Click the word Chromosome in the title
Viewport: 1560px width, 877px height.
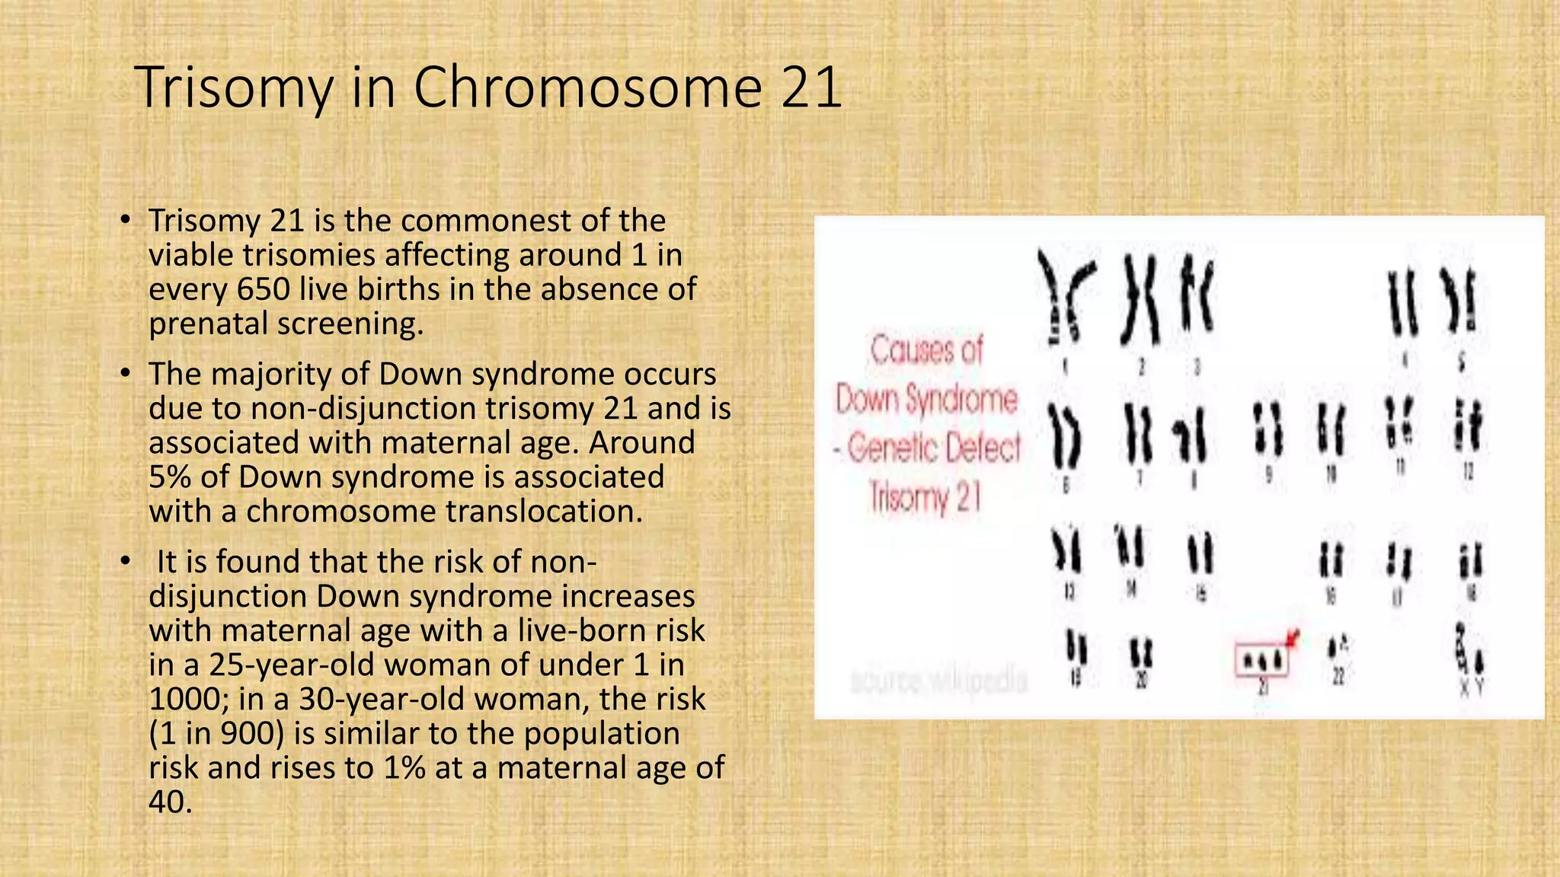pyautogui.click(x=587, y=88)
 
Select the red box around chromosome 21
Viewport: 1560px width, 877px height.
pyautogui.click(x=1261, y=660)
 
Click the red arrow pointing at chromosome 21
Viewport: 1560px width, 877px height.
pyautogui.click(x=1293, y=637)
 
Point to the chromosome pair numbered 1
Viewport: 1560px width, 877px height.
pyautogui.click(x=1065, y=298)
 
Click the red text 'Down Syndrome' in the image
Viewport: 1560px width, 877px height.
pyautogui.click(x=926, y=399)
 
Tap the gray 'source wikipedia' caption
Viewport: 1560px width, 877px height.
pyautogui.click(x=938, y=681)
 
